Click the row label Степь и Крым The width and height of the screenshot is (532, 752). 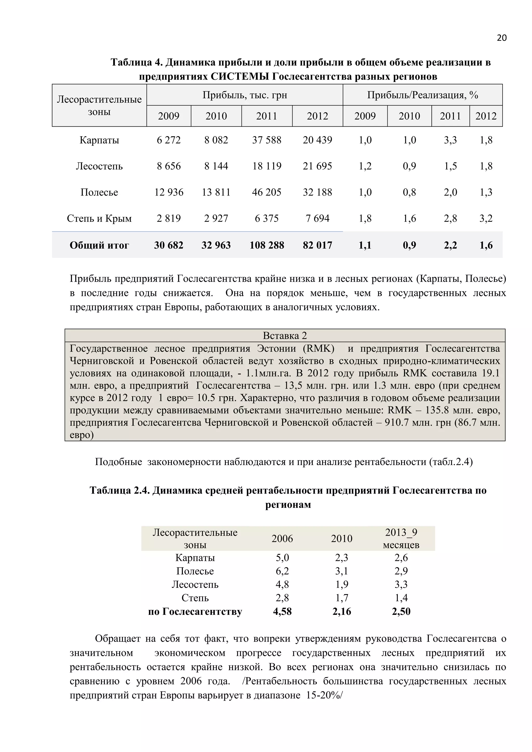pyautogui.click(x=99, y=218)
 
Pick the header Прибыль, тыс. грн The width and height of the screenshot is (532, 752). pyautogui.click(x=244, y=95)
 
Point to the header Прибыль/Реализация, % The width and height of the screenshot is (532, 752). pyautogui.click(x=422, y=95)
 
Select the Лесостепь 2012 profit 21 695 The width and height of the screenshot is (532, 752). pyautogui.click(x=317, y=166)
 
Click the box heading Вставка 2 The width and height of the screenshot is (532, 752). pyautogui.click(x=285, y=335)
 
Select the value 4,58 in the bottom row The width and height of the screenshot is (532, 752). pyautogui.click(x=282, y=611)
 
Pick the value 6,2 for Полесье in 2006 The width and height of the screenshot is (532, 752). pyautogui.click(x=282, y=571)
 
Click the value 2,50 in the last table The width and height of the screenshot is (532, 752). pyautogui.click(x=401, y=611)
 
